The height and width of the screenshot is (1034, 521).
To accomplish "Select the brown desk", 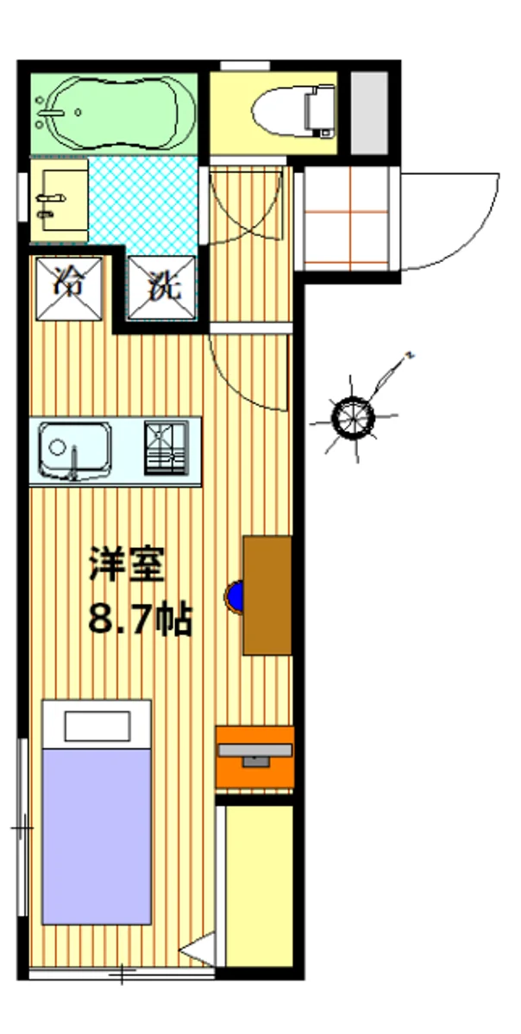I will [267, 595].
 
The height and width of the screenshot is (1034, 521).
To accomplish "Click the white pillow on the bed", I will [97, 726].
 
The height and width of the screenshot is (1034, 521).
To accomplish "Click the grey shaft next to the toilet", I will [370, 113].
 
